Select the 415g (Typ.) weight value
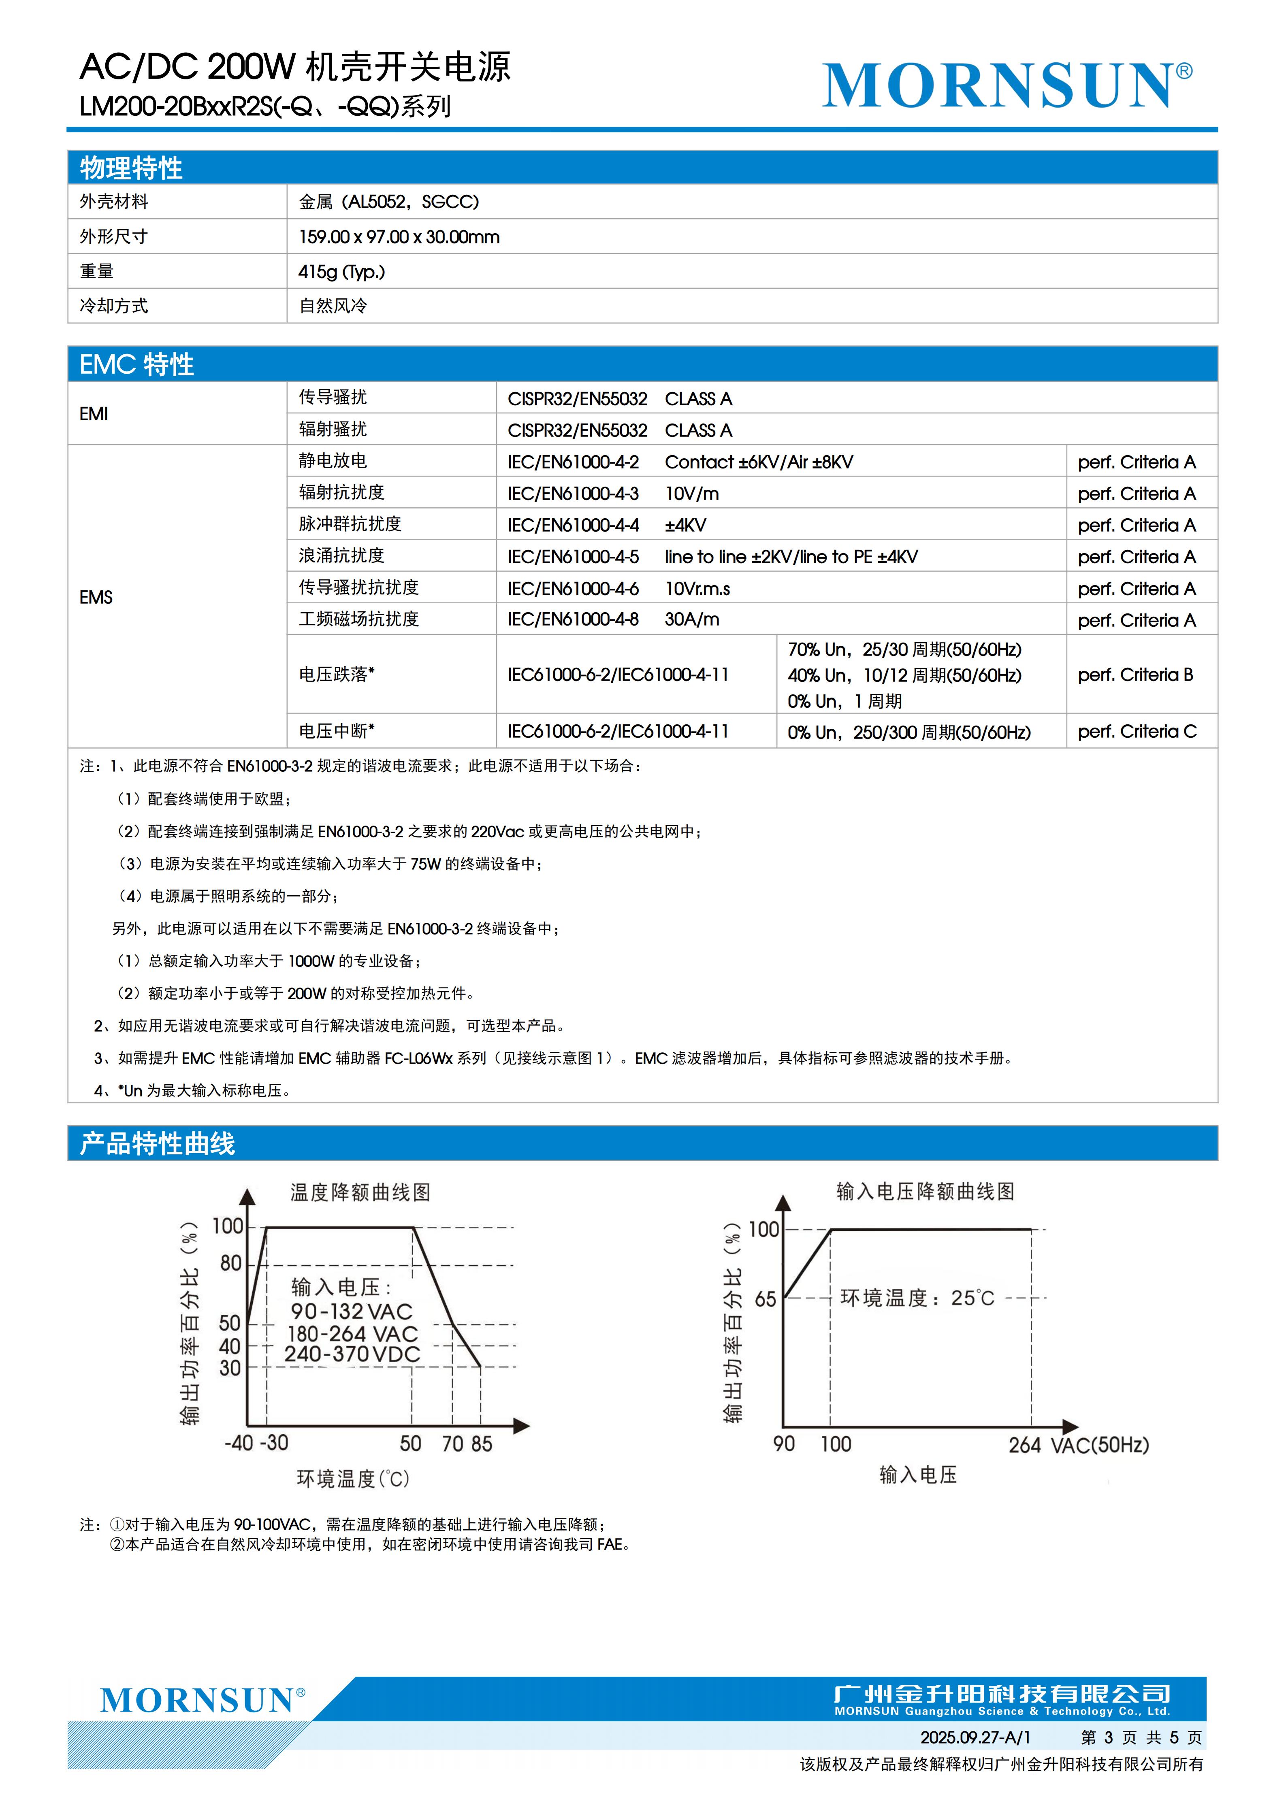point(341,272)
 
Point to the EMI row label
point(94,413)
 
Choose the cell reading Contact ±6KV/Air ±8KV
point(759,462)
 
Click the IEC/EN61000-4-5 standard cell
point(573,557)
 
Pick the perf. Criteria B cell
point(1135,675)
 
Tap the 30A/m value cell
point(691,619)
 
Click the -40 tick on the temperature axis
point(238,1443)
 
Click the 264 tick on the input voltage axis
point(1024,1445)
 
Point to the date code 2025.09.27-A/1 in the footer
point(975,1737)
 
